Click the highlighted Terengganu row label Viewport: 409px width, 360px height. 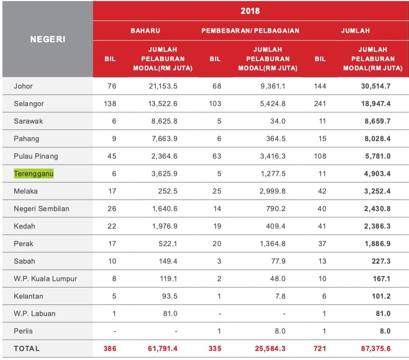coord(34,173)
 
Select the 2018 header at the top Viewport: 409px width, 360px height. coord(250,11)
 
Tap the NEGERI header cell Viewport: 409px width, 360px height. coord(47,39)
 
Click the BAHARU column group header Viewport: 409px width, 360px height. coord(145,31)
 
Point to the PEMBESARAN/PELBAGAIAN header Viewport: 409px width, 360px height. coord(250,31)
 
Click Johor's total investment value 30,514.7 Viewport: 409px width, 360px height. coord(376,86)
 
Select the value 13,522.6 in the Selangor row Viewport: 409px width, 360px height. coord(163,104)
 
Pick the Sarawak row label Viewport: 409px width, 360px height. coord(28,121)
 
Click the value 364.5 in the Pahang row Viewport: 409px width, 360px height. coord(276,139)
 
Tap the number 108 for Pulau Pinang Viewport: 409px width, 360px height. coord(320,156)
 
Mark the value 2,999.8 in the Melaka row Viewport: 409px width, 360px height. coord(272,191)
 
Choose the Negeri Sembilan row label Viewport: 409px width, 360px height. coord(41,209)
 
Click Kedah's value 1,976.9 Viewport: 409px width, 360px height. coord(165,226)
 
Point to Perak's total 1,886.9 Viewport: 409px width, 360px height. coord(377,244)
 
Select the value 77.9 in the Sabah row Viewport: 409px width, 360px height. coord(278,261)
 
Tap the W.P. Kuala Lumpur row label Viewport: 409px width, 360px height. coord(45,278)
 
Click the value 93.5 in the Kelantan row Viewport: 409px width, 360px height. coord(170,296)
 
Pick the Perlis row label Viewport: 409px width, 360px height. coord(23,331)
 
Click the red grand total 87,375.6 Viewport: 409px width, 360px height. coord(376,348)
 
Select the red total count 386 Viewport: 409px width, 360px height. coord(110,348)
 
